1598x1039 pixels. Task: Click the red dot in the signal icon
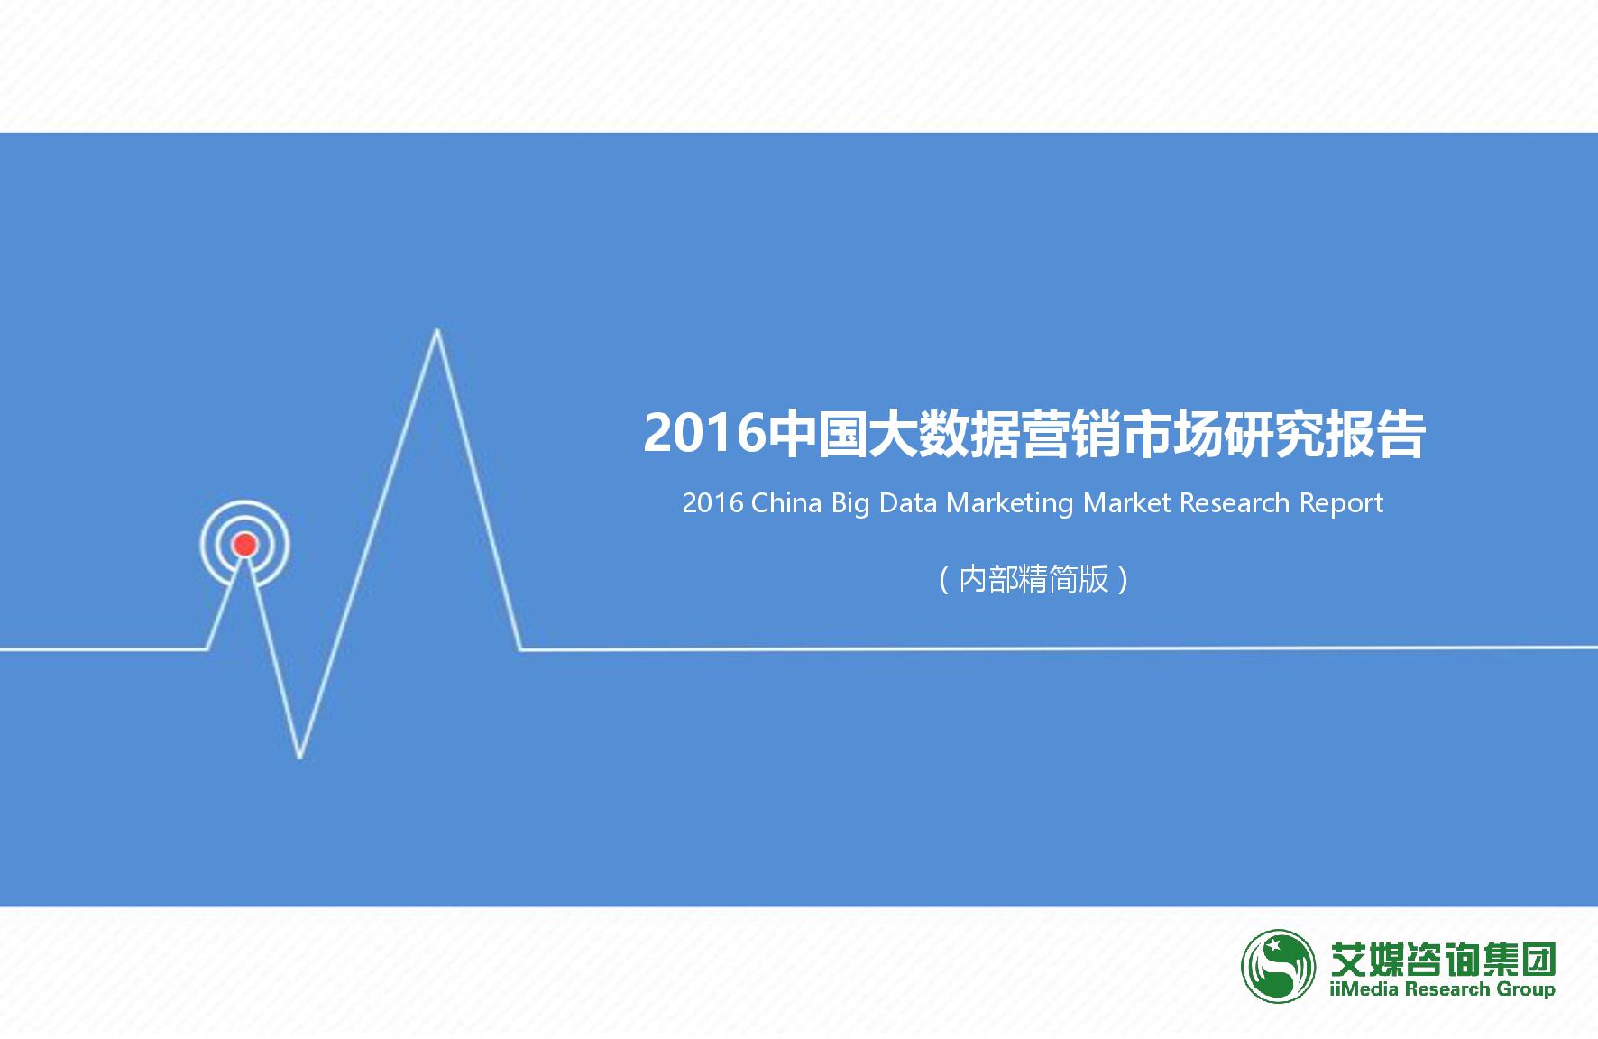244,545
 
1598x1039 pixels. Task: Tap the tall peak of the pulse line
437,333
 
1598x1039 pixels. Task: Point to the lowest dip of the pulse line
299,755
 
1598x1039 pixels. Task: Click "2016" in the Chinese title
703,434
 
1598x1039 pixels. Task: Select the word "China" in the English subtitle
785,502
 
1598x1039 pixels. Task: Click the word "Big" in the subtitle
850,503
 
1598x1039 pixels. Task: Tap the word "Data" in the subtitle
908,502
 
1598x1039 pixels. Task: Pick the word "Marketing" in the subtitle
1010,503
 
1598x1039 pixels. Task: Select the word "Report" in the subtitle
1341,503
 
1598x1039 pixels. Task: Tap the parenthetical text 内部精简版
1033,579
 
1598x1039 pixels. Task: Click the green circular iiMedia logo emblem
1278,966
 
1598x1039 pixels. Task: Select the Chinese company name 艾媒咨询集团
1443,959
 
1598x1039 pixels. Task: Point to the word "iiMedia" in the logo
1364,989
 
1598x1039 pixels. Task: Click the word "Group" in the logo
1526,989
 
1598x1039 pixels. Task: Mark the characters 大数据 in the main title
942,434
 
